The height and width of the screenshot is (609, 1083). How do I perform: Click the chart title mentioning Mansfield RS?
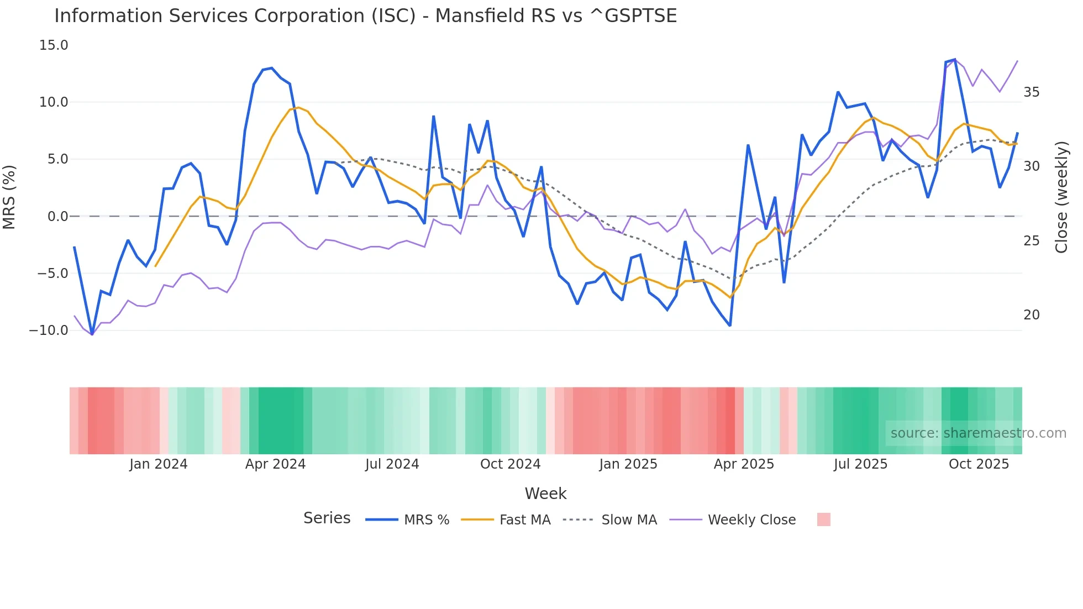(x=365, y=15)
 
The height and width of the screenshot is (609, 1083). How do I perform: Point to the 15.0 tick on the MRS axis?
(x=54, y=45)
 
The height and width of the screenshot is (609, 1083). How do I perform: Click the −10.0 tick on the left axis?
(x=49, y=330)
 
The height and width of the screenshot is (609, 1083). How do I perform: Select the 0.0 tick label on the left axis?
(x=57, y=217)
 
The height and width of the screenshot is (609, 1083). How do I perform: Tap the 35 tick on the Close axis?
(x=1031, y=92)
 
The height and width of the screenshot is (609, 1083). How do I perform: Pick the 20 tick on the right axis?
(x=1031, y=315)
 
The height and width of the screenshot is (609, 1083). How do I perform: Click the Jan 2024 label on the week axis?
(x=159, y=464)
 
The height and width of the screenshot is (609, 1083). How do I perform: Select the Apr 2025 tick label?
(x=744, y=464)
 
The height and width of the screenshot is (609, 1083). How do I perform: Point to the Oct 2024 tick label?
(x=510, y=464)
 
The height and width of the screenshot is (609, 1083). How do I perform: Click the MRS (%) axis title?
(x=9, y=197)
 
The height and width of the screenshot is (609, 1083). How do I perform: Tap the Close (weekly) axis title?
(x=1061, y=197)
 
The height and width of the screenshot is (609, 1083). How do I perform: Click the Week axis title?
(x=545, y=494)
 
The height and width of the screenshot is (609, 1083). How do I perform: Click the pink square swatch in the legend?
(x=823, y=519)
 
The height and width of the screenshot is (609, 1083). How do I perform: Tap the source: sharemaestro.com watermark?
(x=978, y=433)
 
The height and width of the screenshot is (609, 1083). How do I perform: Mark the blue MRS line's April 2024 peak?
(x=272, y=68)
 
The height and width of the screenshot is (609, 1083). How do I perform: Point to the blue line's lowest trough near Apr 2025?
(x=730, y=326)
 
